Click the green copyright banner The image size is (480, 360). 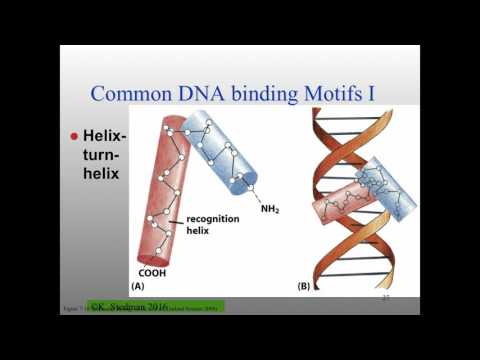156,307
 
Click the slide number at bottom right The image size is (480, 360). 385,298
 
